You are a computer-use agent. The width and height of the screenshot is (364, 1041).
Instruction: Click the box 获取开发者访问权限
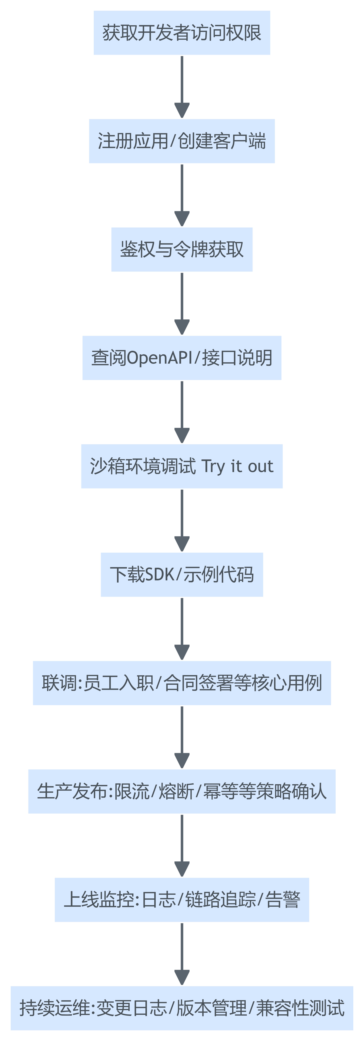click(x=182, y=33)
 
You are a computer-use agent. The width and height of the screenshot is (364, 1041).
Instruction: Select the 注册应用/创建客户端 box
click(x=182, y=141)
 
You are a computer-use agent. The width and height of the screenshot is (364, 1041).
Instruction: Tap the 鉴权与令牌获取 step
click(x=182, y=249)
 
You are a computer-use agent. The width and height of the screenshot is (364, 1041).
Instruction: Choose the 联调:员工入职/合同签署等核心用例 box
click(x=182, y=683)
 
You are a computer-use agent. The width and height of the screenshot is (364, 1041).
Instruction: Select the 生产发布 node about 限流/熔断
click(x=182, y=791)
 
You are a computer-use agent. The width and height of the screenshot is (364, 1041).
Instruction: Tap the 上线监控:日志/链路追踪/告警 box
click(x=182, y=900)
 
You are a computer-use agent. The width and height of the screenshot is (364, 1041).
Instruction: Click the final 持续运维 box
click(x=182, y=1008)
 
